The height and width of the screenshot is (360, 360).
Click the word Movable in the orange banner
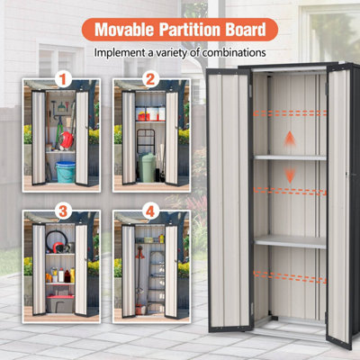tap(124, 30)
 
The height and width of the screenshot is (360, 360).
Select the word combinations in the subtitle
tap(234, 53)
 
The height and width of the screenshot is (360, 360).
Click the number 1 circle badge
tap(63, 79)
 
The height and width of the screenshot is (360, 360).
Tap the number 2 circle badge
tap(150, 79)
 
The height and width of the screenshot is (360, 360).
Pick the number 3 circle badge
tap(63, 211)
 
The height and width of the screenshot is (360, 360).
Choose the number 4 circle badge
tap(150, 211)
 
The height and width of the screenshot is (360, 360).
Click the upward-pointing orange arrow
tap(290, 139)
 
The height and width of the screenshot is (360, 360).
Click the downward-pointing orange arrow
tap(290, 175)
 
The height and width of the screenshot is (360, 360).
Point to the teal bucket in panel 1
tap(66, 172)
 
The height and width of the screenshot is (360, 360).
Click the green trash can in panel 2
tap(147, 167)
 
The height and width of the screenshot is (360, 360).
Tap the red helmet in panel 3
tap(58, 247)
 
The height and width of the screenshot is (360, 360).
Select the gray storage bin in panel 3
tap(60, 303)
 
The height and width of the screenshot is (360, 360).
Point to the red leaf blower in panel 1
tap(66, 140)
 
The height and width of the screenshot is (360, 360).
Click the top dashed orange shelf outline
tap(290, 113)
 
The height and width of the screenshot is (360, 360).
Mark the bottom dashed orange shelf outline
tap(290, 276)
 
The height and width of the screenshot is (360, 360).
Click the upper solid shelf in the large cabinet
tap(291, 157)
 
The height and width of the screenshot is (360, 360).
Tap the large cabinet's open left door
tap(229, 201)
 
